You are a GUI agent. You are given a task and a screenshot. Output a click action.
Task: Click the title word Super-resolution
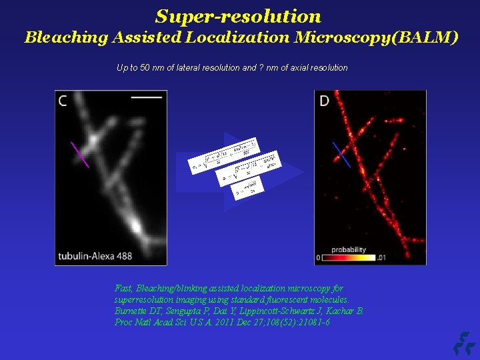(238, 16)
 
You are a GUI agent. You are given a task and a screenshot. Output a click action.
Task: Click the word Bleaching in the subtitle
(56, 37)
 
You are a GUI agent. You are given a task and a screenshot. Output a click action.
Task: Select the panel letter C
(63, 101)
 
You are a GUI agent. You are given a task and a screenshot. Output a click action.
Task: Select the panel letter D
(325, 101)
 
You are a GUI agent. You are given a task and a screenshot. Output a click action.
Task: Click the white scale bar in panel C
(147, 97)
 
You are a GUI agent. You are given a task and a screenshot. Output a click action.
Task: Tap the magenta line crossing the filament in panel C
(80, 154)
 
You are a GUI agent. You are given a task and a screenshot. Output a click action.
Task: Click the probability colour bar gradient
(348, 257)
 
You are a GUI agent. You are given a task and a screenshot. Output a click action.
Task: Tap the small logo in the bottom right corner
(462, 343)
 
